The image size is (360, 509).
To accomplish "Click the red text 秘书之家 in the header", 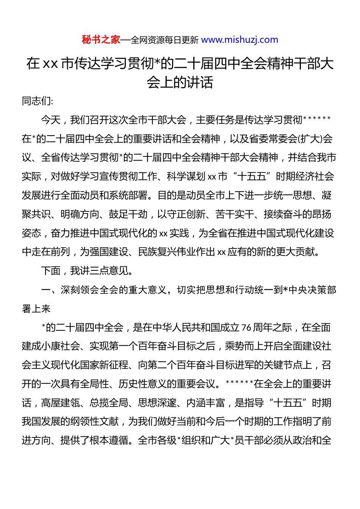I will click(x=101, y=40).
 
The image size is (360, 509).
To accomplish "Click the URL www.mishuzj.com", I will click(x=239, y=40).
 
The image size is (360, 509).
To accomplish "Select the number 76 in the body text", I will click(x=246, y=328).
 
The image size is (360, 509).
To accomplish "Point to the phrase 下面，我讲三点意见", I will click(x=87, y=271).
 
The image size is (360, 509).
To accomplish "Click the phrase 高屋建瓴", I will click(x=60, y=403).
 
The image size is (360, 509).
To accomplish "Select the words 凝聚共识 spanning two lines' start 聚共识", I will click(x=36, y=214).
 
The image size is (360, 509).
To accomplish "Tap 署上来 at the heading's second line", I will click(x=36, y=309).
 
